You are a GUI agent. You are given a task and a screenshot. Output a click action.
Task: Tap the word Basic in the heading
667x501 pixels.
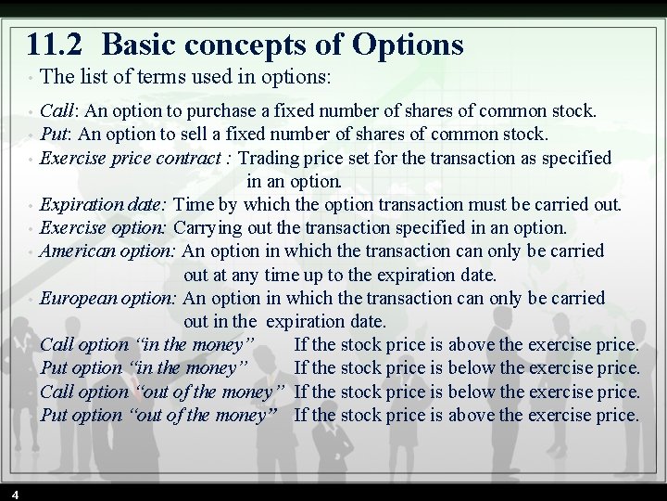(x=138, y=44)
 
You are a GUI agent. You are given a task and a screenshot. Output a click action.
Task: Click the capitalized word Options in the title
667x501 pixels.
(x=409, y=44)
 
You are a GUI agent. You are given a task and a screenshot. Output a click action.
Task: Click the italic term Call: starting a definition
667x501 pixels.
(x=59, y=111)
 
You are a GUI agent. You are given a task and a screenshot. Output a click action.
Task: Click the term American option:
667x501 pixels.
(x=108, y=250)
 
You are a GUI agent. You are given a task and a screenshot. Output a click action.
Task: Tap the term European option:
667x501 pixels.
(x=109, y=298)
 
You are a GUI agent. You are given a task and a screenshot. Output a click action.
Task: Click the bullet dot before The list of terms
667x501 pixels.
(x=31, y=76)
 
